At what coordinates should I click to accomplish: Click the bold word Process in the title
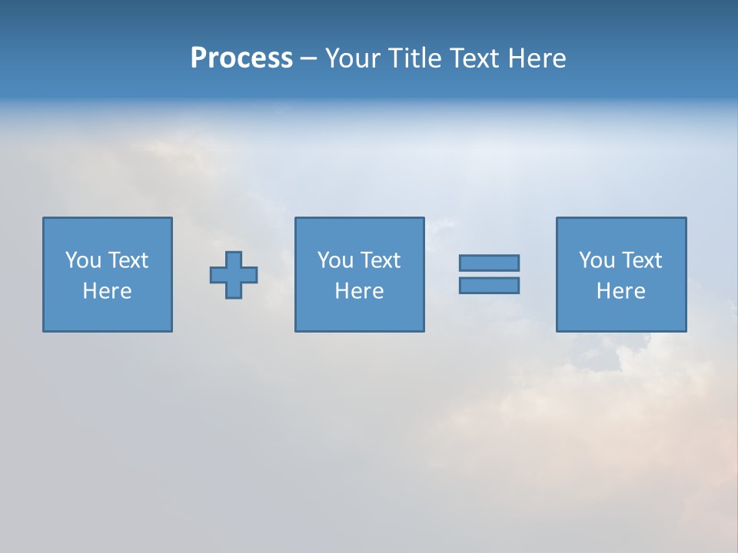241,58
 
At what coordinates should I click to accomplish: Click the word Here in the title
537,58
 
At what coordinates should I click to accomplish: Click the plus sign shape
234,274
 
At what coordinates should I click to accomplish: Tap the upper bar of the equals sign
489,263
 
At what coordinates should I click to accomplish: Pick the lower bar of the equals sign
489,285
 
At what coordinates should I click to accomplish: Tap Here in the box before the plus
107,291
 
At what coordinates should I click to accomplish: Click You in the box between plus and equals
335,260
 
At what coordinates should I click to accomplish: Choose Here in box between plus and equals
359,291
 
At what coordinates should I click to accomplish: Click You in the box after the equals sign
597,260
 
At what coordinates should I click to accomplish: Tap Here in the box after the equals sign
620,291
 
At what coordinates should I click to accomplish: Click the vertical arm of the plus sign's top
234,259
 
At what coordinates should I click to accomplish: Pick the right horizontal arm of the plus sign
250,274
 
